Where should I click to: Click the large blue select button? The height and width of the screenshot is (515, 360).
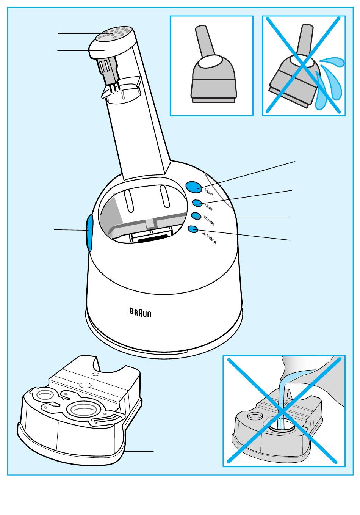(194, 186)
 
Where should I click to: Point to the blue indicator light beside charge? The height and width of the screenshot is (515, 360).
(196, 216)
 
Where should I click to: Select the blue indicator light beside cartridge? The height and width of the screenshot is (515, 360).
(193, 229)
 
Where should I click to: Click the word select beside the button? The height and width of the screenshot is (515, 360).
(209, 192)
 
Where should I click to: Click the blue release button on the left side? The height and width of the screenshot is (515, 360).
(89, 233)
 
